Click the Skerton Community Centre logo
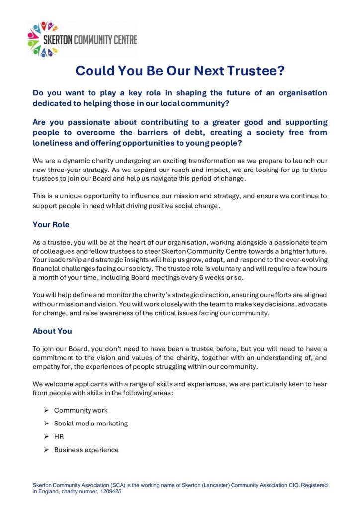(x=82, y=39)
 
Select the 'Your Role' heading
(x=51, y=225)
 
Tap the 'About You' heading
(x=52, y=331)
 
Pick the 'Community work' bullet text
(x=81, y=410)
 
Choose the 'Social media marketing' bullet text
(x=90, y=424)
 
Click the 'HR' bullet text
(x=59, y=436)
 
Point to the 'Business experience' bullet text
(x=86, y=450)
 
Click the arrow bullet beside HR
(x=45, y=436)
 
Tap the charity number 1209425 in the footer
(x=110, y=491)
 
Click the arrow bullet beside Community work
(x=45, y=410)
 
